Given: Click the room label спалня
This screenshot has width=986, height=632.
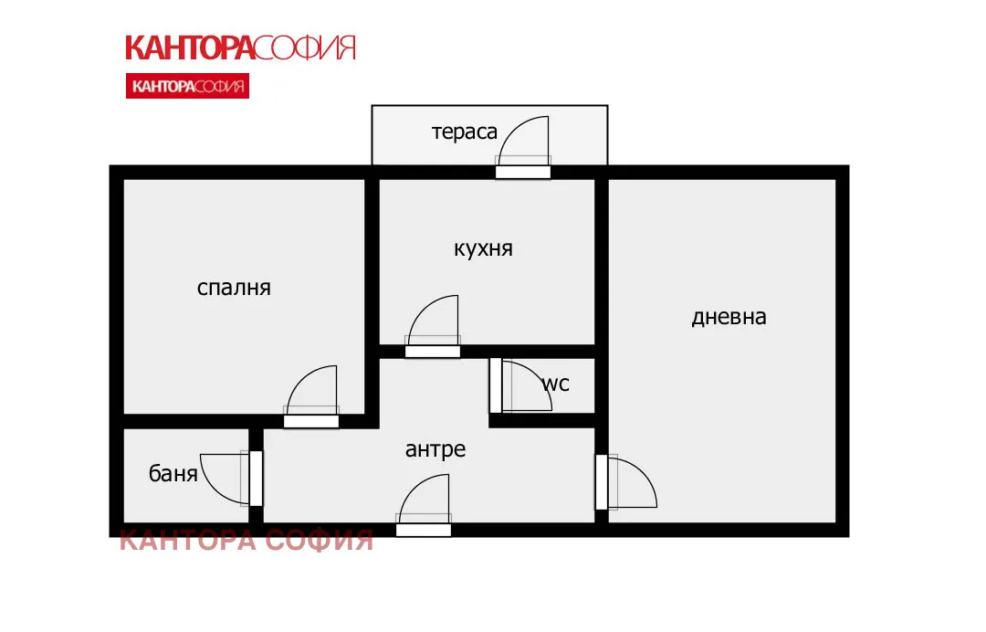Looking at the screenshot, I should (234, 288).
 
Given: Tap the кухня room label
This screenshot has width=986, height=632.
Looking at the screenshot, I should (483, 248).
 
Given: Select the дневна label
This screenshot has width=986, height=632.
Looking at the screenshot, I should (729, 317).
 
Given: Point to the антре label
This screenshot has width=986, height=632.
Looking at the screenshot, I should (435, 449).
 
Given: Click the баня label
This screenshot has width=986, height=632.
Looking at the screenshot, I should (173, 474).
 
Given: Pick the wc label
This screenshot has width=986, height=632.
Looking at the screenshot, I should (556, 384).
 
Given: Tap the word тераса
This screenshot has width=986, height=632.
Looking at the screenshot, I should (465, 132).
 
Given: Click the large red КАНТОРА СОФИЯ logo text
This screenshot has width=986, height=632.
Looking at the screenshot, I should (239, 47).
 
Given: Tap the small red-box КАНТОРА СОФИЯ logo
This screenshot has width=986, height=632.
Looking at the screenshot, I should (187, 87).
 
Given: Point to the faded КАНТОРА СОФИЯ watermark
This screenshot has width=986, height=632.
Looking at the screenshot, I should (246, 541).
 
